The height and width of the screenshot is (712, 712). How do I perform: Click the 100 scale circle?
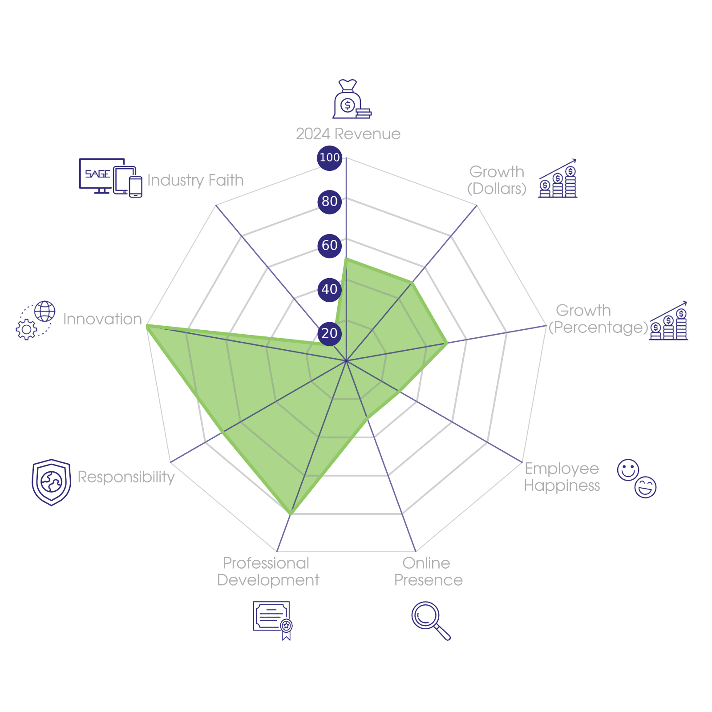[329, 158]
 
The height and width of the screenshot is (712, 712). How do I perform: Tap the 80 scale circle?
[329, 202]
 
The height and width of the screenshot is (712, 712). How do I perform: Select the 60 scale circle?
[329, 245]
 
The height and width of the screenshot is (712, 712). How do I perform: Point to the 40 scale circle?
[329, 289]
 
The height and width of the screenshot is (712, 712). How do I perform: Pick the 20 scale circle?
[329, 333]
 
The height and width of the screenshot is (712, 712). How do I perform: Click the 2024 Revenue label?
[348, 134]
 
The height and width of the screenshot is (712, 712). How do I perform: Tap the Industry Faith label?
[195, 180]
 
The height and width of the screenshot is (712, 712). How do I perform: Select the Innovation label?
[102, 319]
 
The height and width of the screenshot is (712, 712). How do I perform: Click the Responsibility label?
[126, 477]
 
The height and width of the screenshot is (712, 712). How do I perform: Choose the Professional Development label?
[268, 571]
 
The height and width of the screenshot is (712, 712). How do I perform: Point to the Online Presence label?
[428, 571]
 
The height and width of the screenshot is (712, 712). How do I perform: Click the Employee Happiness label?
[562, 477]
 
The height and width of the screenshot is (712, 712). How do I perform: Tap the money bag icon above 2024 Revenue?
[352, 99]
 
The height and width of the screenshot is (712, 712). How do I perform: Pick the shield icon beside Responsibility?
[51, 482]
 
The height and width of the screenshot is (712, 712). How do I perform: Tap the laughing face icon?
[645, 487]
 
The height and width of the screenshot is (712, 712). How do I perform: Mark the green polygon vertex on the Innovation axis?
[147, 326]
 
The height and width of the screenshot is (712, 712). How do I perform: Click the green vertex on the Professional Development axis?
[290, 514]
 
